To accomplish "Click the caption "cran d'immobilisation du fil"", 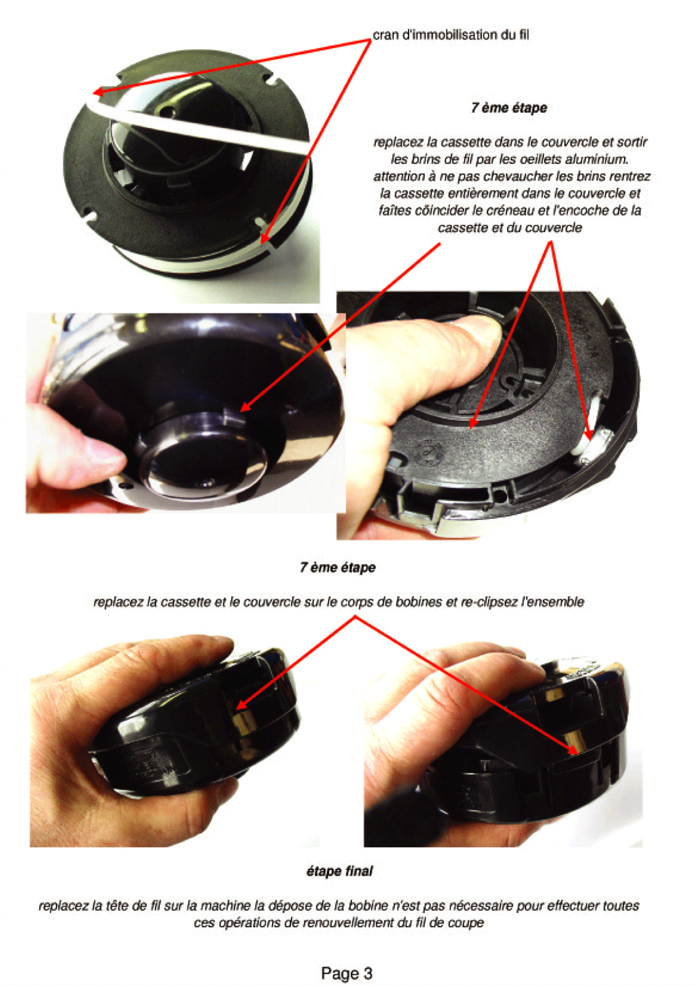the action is [451, 35].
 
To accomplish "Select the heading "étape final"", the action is [339, 871].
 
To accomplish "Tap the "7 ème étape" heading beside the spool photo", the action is [509, 107].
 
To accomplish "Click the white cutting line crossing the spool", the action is [197, 127].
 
